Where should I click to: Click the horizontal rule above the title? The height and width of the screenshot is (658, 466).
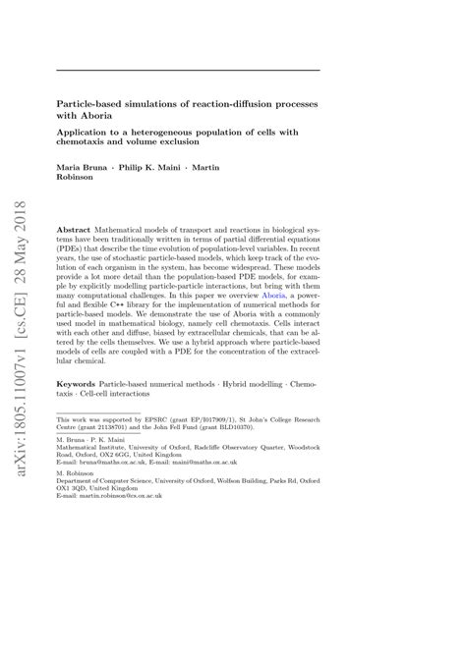(x=188, y=70)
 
